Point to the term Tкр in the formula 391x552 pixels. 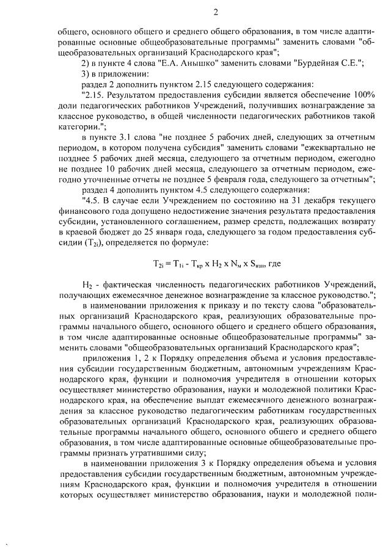[197, 265]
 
